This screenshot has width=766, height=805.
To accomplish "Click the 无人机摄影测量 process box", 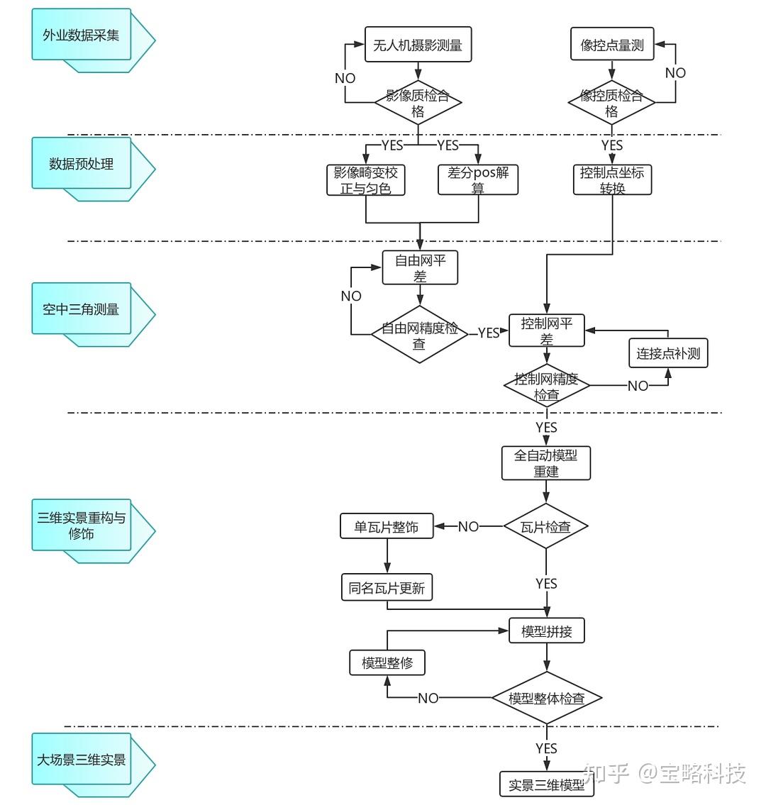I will (418, 45).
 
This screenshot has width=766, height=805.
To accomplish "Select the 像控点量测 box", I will (611, 45).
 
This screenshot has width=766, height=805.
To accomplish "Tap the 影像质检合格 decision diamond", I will (418, 103).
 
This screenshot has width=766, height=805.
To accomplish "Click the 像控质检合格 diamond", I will (611, 103).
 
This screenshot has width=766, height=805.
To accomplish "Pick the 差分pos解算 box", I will (478, 180).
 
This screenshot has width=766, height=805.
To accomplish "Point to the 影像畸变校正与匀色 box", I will (366, 180).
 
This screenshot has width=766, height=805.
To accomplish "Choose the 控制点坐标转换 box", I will (611, 180).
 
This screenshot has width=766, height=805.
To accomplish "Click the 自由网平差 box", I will (420, 268).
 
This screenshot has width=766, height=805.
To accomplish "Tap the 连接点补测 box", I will (668, 352).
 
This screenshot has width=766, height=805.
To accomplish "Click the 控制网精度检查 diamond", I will (546, 386).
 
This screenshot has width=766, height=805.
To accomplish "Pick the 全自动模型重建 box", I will (546, 462).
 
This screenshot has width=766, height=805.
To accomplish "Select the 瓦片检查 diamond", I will (546, 526).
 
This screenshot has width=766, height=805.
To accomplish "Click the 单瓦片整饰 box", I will (387, 526).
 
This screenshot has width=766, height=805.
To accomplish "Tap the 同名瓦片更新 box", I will (387, 588).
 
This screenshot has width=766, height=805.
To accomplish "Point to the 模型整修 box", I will (387, 662).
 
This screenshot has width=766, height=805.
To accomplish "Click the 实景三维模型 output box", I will (546, 784).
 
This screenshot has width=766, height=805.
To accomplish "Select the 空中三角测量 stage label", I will (82, 309).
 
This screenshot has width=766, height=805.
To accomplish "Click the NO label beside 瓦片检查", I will (468, 526).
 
